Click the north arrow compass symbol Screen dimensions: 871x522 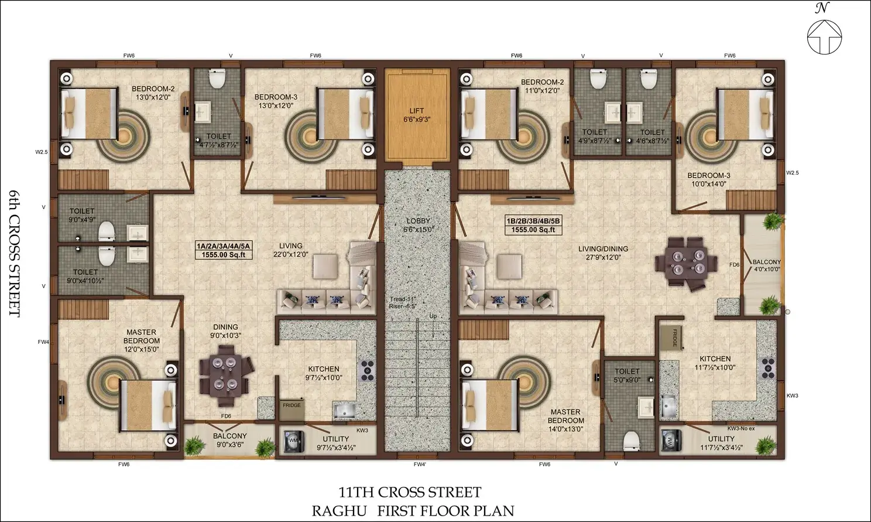[824, 36]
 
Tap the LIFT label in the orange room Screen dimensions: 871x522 [416, 111]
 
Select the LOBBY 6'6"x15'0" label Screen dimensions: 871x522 [419, 226]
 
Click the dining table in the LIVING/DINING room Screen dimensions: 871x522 [686, 263]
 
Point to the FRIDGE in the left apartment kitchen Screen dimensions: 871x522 [292, 409]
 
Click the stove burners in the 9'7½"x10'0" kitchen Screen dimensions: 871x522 [368, 371]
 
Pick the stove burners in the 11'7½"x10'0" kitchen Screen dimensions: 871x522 [769, 369]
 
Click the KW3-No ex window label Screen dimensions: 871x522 [741, 429]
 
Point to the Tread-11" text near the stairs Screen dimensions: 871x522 [403, 299]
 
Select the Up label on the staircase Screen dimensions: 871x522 [433, 316]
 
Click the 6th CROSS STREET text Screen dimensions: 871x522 [14, 254]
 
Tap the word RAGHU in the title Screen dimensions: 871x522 [340, 510]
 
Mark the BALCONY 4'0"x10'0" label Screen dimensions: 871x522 [766, 265]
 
